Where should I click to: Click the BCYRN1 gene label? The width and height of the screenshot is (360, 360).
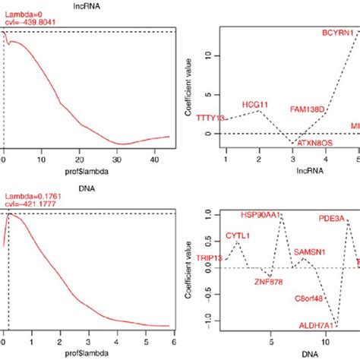point(336,33)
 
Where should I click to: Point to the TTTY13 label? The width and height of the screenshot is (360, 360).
point(210,118)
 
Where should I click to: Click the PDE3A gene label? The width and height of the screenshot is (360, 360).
point(331,219)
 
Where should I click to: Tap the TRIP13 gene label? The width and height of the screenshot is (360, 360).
point(210,258)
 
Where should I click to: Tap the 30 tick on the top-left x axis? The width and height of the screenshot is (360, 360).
point(118,161)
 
